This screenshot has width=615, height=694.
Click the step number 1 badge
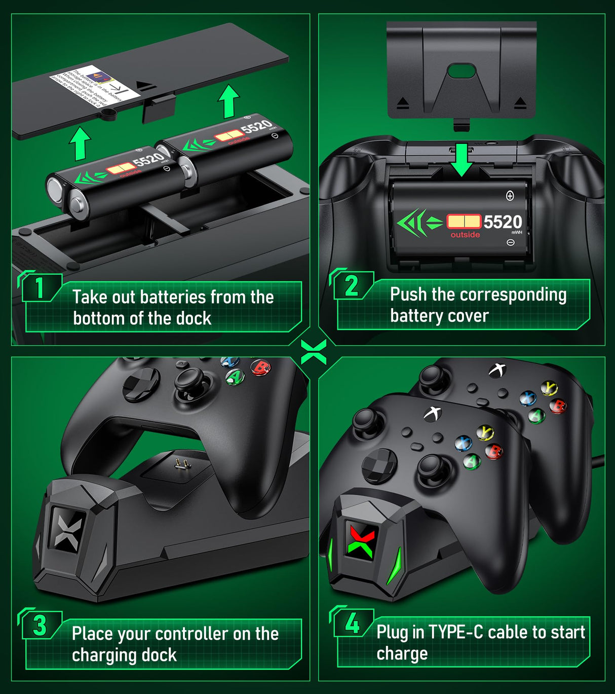click(40, 288)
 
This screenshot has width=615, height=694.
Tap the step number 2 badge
click(352, 285)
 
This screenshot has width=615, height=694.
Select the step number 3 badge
click(40, 625)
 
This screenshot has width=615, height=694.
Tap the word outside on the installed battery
click(465, 235)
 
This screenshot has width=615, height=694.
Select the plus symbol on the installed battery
click(510, 196)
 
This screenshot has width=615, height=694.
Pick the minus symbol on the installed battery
click(510, 242)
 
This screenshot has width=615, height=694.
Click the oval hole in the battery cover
click(461, 70)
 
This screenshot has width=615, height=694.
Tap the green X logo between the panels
click(313, 351)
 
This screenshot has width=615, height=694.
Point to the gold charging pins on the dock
click(179, 462)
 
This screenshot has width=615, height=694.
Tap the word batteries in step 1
click(173, 297)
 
